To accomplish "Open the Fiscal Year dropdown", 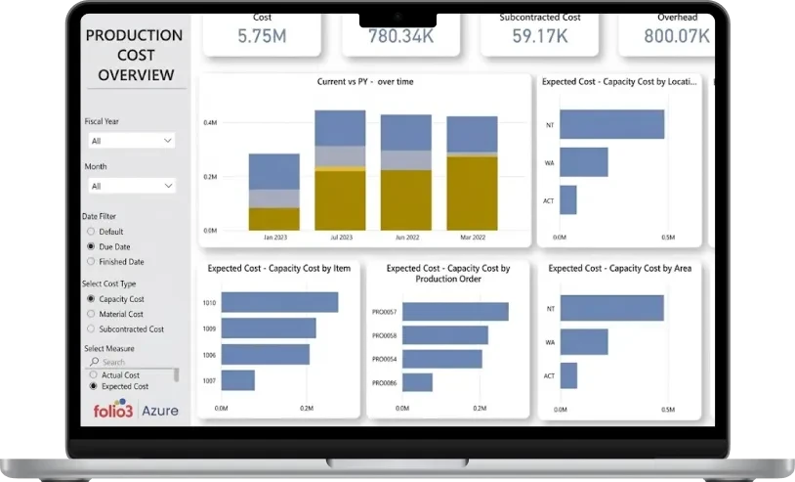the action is (132, 141).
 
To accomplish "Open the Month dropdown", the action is (132, 186).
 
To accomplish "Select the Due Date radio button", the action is (91, 246).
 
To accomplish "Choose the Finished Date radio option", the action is (91, 262).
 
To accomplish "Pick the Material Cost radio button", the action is (91, 314).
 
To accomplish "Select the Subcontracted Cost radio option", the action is (91, 329).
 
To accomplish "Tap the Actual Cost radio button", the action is (94, 375).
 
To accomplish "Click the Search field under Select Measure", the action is (132, 362).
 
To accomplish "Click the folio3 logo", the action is (113, 409).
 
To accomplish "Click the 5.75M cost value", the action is (262, 36).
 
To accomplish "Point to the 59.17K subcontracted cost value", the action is (540, 36).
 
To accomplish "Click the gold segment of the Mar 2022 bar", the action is (472, 194).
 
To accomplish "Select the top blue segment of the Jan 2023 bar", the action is (274, 171).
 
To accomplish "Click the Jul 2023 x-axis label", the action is (341, 238).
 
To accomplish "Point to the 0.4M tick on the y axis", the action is (210, 123).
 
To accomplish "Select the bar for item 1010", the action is (280, 302).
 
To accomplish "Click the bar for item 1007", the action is (238, 380).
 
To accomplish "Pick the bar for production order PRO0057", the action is (455, 312).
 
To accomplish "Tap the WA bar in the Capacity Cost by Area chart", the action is (584, 342).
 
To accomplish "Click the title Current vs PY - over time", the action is (365, 82).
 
